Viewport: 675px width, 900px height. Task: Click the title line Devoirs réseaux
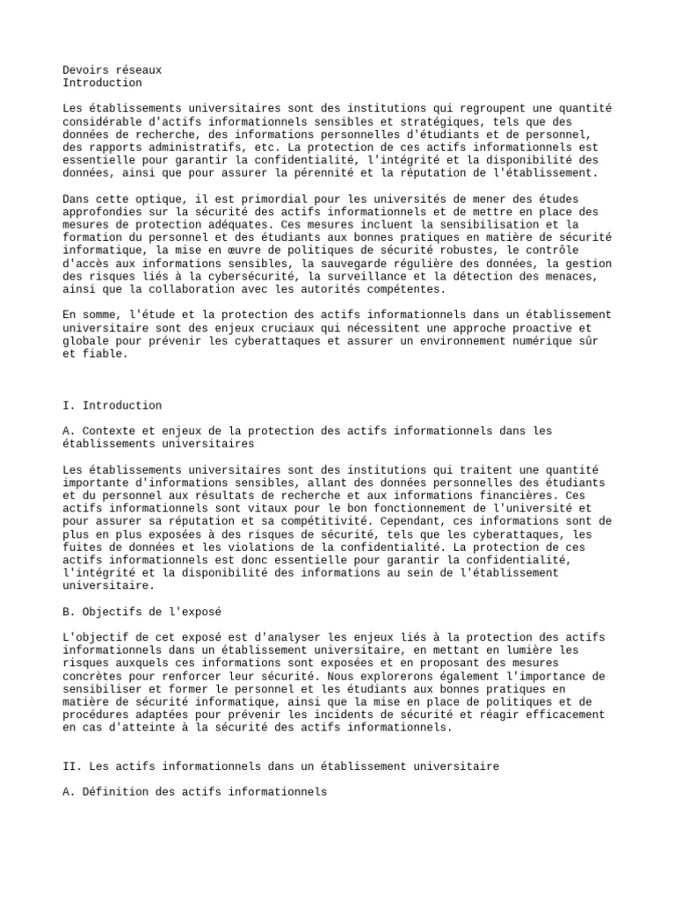pos(112,69)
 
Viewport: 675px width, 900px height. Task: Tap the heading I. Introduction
pos(112,405)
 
